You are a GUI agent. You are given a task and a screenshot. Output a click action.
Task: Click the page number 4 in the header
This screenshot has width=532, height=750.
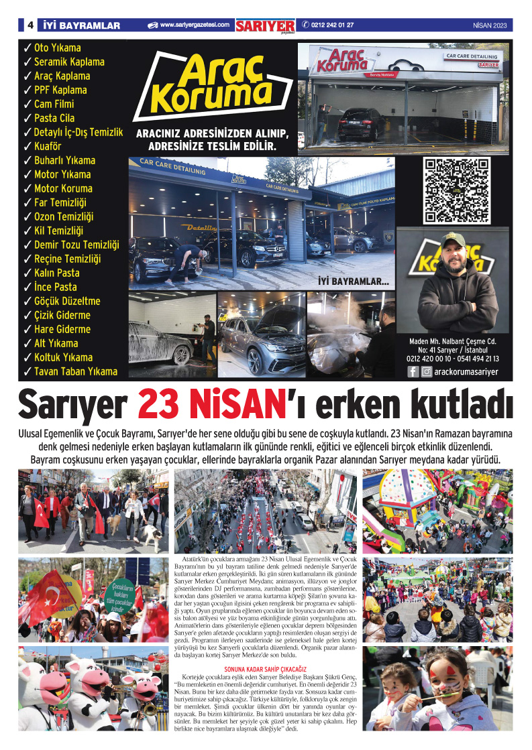(x=30, y=25)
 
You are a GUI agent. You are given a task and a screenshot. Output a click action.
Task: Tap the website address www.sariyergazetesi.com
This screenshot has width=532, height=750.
(x=195, y=25)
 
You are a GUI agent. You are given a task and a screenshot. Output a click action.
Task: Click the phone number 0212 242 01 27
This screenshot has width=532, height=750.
(x=333, y=25)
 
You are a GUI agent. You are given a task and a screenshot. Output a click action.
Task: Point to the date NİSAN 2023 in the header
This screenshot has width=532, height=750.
(x=489, y=25)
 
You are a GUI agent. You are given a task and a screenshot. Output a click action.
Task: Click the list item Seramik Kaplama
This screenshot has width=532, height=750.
(x=69, y=62)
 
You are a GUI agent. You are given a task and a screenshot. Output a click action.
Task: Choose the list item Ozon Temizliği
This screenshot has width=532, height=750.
(x=64, y=216)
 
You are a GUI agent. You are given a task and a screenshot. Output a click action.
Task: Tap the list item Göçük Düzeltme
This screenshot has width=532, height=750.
(x=66, y=301)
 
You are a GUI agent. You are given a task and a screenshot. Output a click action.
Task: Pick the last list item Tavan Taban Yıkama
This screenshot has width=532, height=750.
(x=75, y=371)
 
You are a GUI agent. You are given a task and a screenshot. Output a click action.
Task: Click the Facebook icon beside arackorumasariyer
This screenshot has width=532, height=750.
(x=413, y=371)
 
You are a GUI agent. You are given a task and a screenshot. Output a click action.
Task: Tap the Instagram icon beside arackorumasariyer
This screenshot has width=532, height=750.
(x=426, y=371)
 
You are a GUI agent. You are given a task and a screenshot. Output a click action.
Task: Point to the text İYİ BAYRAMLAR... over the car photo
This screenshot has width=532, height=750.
(x=353, y=282)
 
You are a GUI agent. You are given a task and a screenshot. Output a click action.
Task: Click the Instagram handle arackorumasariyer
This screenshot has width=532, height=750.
(x=466, y=371)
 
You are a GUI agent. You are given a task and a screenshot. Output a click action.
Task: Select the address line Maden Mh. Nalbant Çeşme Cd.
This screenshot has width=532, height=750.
(x=453, y=340)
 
